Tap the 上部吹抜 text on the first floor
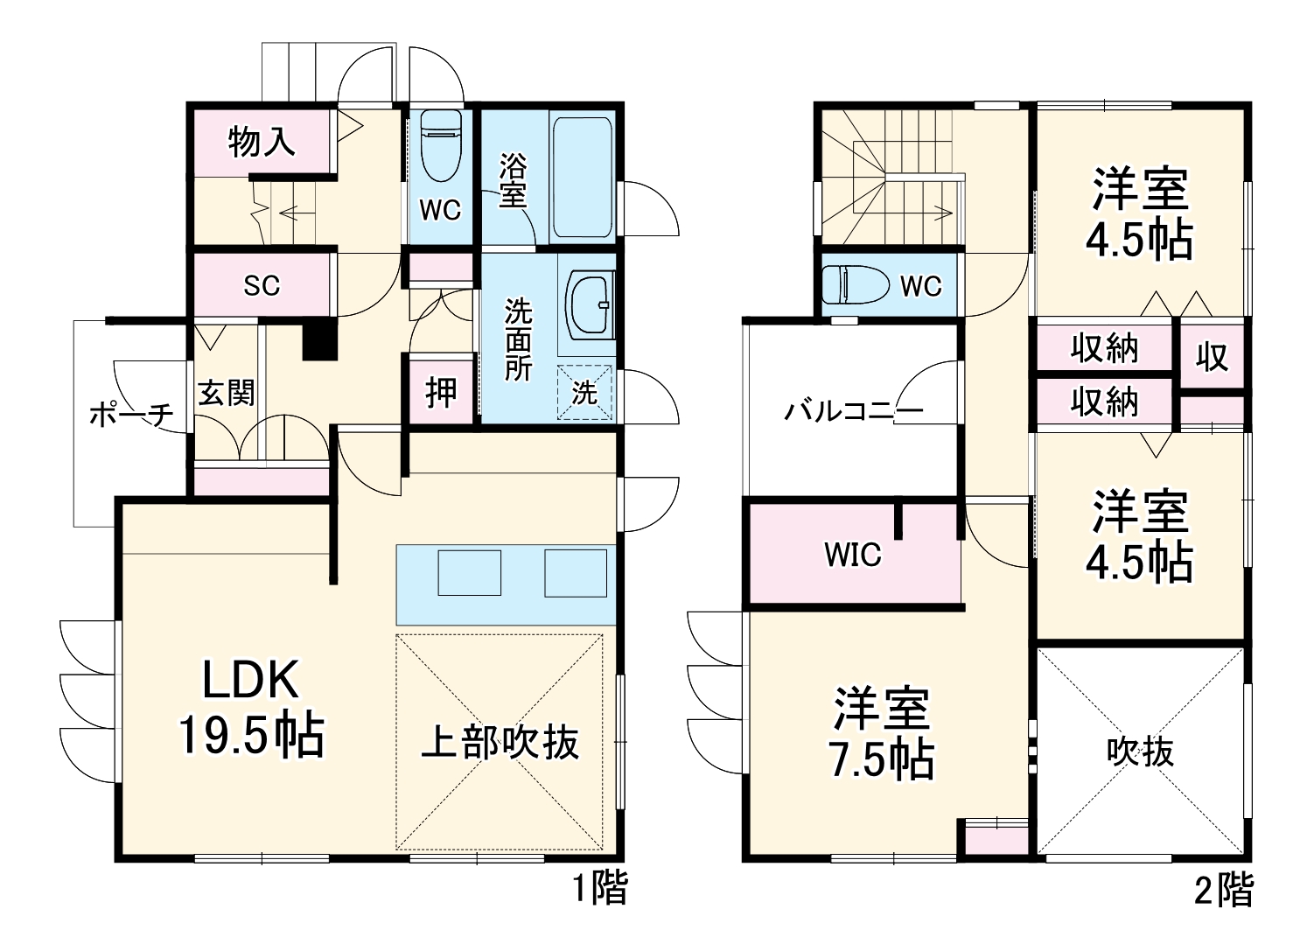pos(500,743)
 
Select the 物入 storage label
pos(262,141)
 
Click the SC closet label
pos(261,285)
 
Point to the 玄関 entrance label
pos(226,392)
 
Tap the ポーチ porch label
pos(131,415)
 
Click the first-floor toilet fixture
pos(439,144)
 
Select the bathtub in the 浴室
pos(583,175)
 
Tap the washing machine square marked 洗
pos(584,393)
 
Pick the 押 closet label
pos(441,392)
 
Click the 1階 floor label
pos(599,890)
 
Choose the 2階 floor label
pos(1223,891)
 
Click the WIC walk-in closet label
pos(853,554)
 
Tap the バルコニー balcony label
pos(853,411)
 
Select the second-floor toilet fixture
pos(849,285)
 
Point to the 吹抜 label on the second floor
pos(1140,752)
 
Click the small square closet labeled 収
pos(1212,357)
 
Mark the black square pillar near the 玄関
pos(319,341)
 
